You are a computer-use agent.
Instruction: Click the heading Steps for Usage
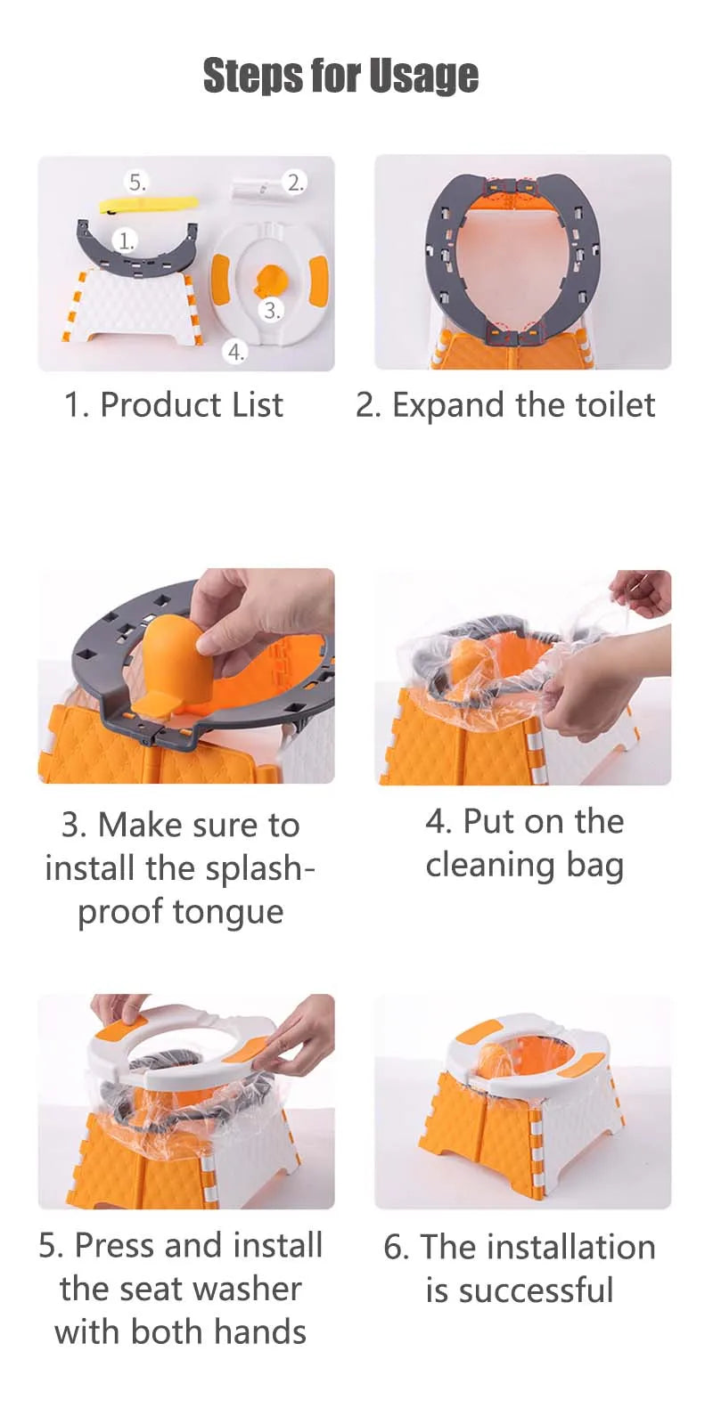pyautogui.click(x=340, y=77)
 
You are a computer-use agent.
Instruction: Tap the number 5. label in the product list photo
pyautogui.click(x=137, y=183)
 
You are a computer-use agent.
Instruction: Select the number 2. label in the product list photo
pyautogui.click(x=295, y=183)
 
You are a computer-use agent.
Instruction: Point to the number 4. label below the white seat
pyautogui.click(x=235, y=352)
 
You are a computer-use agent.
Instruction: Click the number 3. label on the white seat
pyautogui.click(x=271, y=310)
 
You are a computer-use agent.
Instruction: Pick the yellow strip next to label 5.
pyautogui.click(x=150, y=204)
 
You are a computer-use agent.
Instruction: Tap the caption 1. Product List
pyautogui.click(x=174, y=404)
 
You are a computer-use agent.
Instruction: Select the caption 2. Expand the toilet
pyautogui.click(x=505, y=405)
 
